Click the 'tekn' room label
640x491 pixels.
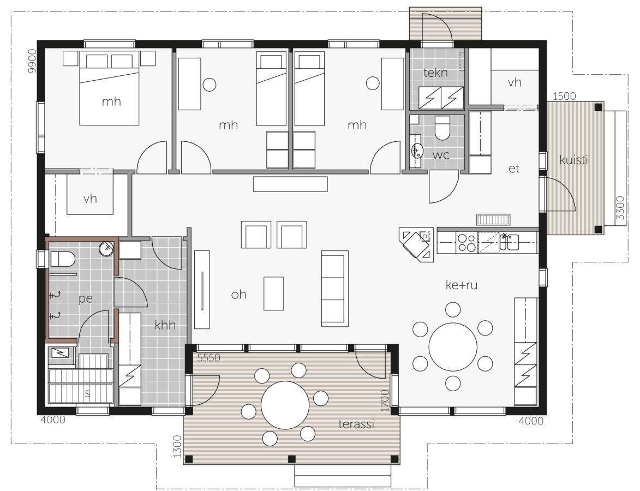point(435,73)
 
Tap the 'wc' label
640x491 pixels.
point(441,155)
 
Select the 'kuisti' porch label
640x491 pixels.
point(573,160)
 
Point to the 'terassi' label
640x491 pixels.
point(356,424)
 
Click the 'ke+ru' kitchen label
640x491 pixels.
point(461,285)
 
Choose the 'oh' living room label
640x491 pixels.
point(238,294)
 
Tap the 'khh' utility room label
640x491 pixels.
point(165,325)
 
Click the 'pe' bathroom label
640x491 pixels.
point(86,299)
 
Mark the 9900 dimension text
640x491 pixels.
point(32,61)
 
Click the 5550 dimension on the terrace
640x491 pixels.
point(208,358)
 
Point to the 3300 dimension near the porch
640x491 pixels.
point(620,208)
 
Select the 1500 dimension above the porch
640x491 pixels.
point(565,96)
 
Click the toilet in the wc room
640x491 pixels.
point(442,127)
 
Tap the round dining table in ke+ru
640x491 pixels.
point(453,346)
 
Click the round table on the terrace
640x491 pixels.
point(285,405)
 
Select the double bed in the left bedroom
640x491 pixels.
point(109,88)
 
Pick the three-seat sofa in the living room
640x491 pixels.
point(334,289)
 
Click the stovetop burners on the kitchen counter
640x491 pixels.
point(466,242)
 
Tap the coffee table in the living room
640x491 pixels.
point(273,294)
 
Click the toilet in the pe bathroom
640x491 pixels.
point(62,259)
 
